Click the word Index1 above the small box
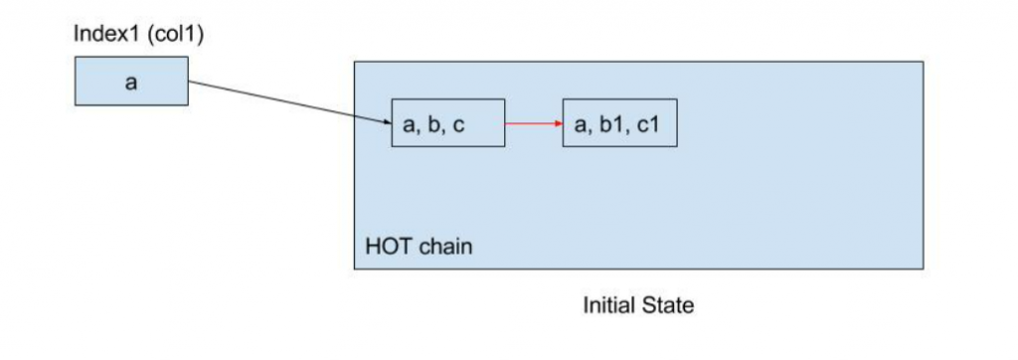click(99, 35)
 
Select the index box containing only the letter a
click(131, 82)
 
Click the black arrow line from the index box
click(288, 102)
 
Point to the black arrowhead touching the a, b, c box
click(387, 122)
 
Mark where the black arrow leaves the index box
click(190, 82)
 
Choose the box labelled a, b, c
click(448, 123)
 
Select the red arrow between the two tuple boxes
click(532, 123)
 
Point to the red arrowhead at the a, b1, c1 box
click(559, 123)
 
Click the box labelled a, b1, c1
click(619, 123)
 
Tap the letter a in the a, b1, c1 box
click(581, 125)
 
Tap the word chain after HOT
click(442, 246)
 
